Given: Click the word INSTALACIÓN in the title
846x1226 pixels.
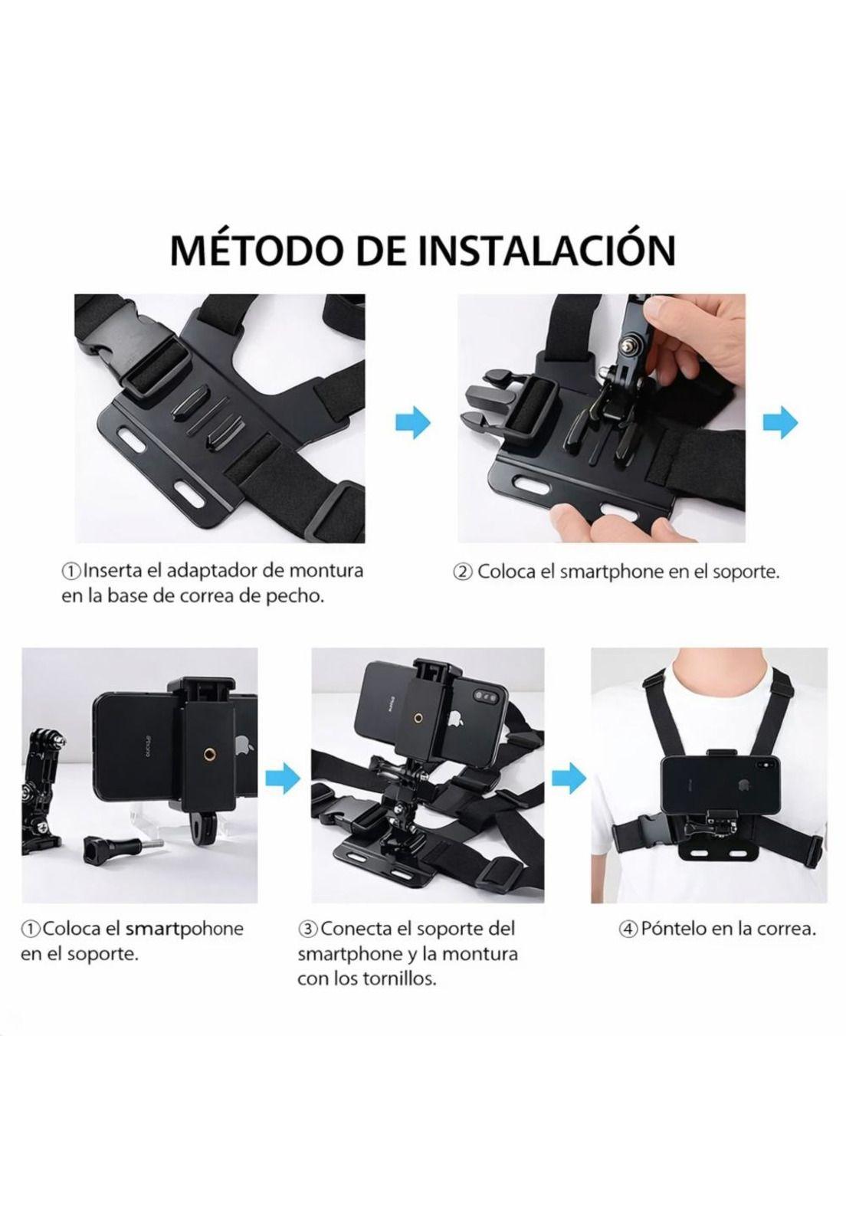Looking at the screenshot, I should pos(549,250).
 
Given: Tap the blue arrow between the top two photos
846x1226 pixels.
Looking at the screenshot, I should pos(414,423).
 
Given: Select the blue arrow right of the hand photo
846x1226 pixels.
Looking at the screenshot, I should pos(781,423).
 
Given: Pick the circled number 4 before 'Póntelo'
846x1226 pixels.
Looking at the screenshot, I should pos(628,929).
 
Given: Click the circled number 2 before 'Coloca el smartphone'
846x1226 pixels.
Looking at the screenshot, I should pos(463,572).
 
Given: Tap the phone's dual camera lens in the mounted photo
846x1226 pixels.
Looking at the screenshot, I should pos(484,693).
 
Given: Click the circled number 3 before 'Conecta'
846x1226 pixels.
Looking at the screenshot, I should pos(307,929).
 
